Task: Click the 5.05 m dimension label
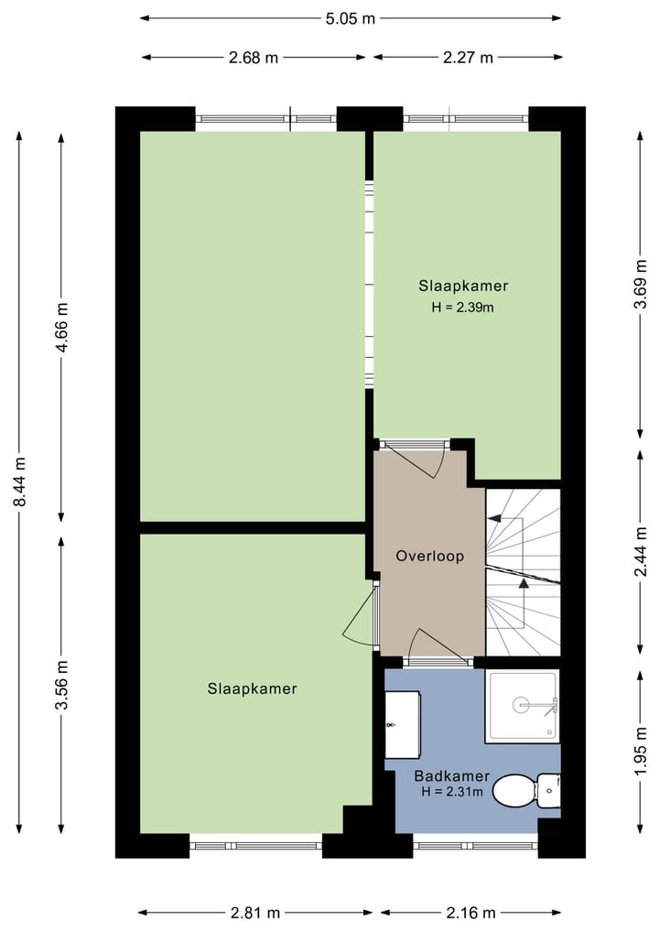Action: [351, 17]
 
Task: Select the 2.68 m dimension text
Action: [254, 58]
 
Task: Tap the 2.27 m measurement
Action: [468, 58]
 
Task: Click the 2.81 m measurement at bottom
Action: [254, 913]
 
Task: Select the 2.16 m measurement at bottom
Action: [470, 913]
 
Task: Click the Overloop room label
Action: [429, 556]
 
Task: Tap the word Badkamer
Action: [452, 777]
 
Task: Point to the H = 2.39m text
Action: [463, 308]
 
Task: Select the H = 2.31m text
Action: [452, 792]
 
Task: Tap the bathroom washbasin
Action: [401, 712]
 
